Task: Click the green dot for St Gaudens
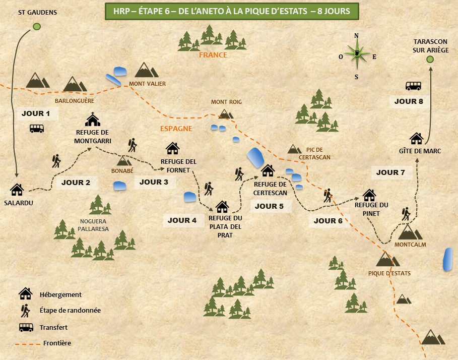point(36,27)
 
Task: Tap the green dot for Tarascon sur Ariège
point(430,59)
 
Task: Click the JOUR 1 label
point(36,113)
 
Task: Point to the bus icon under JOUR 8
point(413,86)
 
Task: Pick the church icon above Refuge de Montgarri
point(93,119)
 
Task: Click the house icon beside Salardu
point(17,189)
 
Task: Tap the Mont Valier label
point(147,84)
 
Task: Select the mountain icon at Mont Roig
point(226,114)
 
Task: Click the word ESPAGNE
point(176,129)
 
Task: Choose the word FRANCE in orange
point(213,55)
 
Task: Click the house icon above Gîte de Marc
point(416,138)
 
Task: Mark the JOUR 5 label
point(269,206)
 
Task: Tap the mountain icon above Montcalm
point(411,232)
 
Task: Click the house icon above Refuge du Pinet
point(369,195)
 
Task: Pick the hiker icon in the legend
point(25,310)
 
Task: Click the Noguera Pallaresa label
point(93,225)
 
